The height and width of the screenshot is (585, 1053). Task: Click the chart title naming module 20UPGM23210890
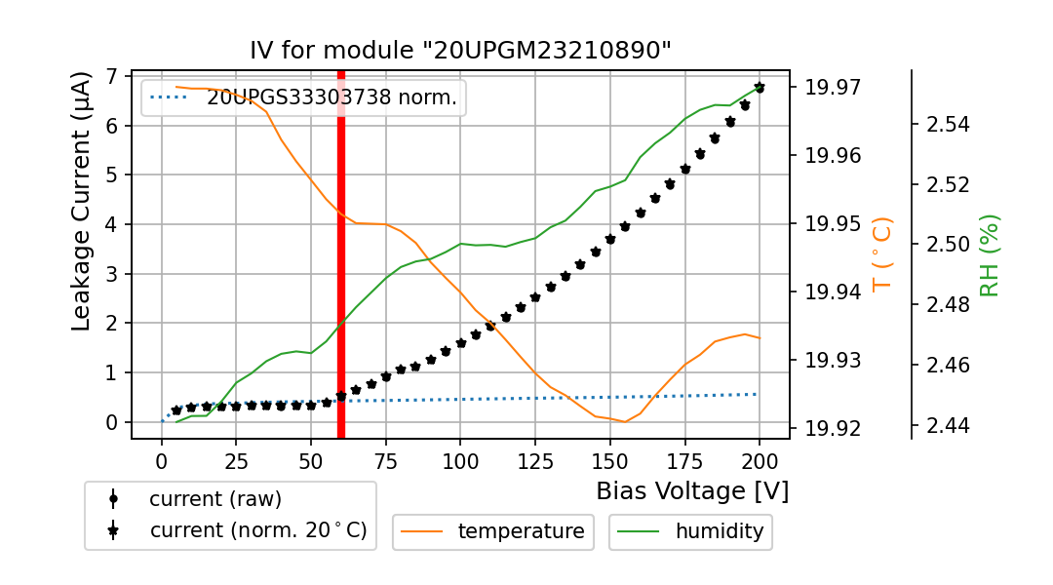[461, 51]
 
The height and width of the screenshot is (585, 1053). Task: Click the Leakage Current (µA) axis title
[82, 201]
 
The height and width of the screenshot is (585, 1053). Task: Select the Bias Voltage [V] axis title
[692, 490]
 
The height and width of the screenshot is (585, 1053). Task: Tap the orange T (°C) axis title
[881, 253]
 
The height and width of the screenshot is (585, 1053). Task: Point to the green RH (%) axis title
[990, 254]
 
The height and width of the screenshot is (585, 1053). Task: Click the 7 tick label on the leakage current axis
[112, 76]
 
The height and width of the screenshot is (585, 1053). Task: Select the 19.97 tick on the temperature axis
[833, 88]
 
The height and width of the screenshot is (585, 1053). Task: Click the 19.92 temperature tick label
[833, 428]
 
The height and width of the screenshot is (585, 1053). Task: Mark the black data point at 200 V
[760, 88]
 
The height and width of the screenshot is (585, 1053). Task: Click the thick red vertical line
[341, 253]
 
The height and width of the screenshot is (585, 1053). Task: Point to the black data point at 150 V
[610, 239]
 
